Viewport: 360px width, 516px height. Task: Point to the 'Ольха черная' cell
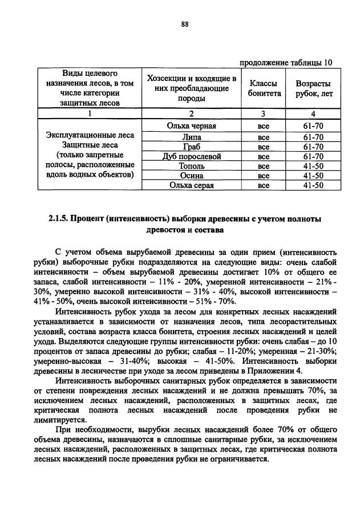(x=191, y=126)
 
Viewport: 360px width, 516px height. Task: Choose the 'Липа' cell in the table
(x=191, y=137)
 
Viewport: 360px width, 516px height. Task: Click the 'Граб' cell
(x=191, y=147)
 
